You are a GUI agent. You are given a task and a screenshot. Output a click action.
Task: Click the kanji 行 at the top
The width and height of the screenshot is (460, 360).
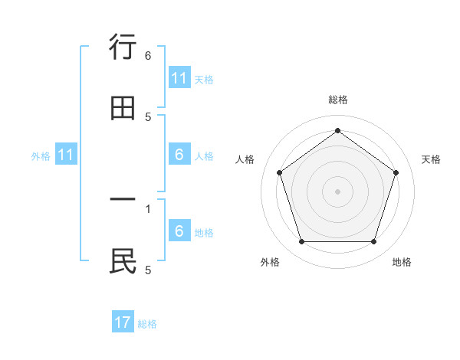pyautogui.click(x=123, y=48)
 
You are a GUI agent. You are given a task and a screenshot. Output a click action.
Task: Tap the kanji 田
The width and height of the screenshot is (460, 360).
pyautogui.click(x=123, y=108)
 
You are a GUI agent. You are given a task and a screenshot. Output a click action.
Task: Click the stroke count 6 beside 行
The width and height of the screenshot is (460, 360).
pyautogui.click(x=148, y=55)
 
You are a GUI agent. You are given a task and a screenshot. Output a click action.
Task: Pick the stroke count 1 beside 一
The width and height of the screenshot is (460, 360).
pyautogui.click(x=148, y=208)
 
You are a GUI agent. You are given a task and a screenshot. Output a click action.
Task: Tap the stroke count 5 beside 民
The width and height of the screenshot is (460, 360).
pyautogui.click(x=148, y=269)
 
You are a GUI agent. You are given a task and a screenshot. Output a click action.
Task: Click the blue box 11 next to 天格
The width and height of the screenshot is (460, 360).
pyautogui.click(x=179, y=78)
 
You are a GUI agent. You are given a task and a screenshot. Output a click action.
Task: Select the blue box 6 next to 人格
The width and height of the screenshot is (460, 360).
pyautogui.click(x=179, y=155)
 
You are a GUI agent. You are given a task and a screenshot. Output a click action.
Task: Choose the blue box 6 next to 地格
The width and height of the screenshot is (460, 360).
pyautogui.click(x=179, y=231)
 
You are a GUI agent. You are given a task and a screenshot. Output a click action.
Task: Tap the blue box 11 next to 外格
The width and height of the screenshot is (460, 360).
pyautogui.click(x=66, y=155)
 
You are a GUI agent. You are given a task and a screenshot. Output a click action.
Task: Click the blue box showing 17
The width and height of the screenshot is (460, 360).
pyautogui.click(x=123, y=322)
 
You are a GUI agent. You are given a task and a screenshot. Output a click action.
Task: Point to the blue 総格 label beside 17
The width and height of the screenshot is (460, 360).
pyautogui.click(x=147, y=324)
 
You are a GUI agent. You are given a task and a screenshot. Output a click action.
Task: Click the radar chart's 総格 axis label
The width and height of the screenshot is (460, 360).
pyautogui.click(x=338, y=100)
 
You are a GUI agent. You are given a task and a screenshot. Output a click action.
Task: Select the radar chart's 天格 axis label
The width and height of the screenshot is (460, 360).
pyautogui.click(x=432, y=159)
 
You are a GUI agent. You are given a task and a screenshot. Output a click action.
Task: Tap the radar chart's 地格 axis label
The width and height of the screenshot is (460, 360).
pyautogui.click(x=402, y=262)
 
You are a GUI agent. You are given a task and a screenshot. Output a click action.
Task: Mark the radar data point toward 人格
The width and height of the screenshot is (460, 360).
pyautogui.click(x=280, y=172)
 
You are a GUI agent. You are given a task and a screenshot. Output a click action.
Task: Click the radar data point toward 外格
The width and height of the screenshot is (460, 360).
pyautogui.click(x=301, y=242)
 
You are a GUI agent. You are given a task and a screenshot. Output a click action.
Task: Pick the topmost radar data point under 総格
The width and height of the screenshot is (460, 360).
pyautogui.click(x=338, y=130)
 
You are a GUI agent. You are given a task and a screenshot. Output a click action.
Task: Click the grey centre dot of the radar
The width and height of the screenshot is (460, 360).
pyautogui.click(x=338, y=191)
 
